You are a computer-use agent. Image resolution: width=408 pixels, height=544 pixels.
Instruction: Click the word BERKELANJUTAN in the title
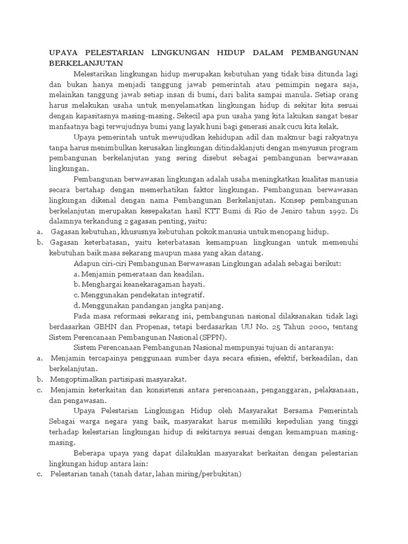[82, 63]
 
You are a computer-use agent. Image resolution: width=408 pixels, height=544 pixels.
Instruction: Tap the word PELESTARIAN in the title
[110, 53]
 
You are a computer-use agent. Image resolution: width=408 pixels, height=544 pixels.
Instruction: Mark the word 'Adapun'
[88, 263]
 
